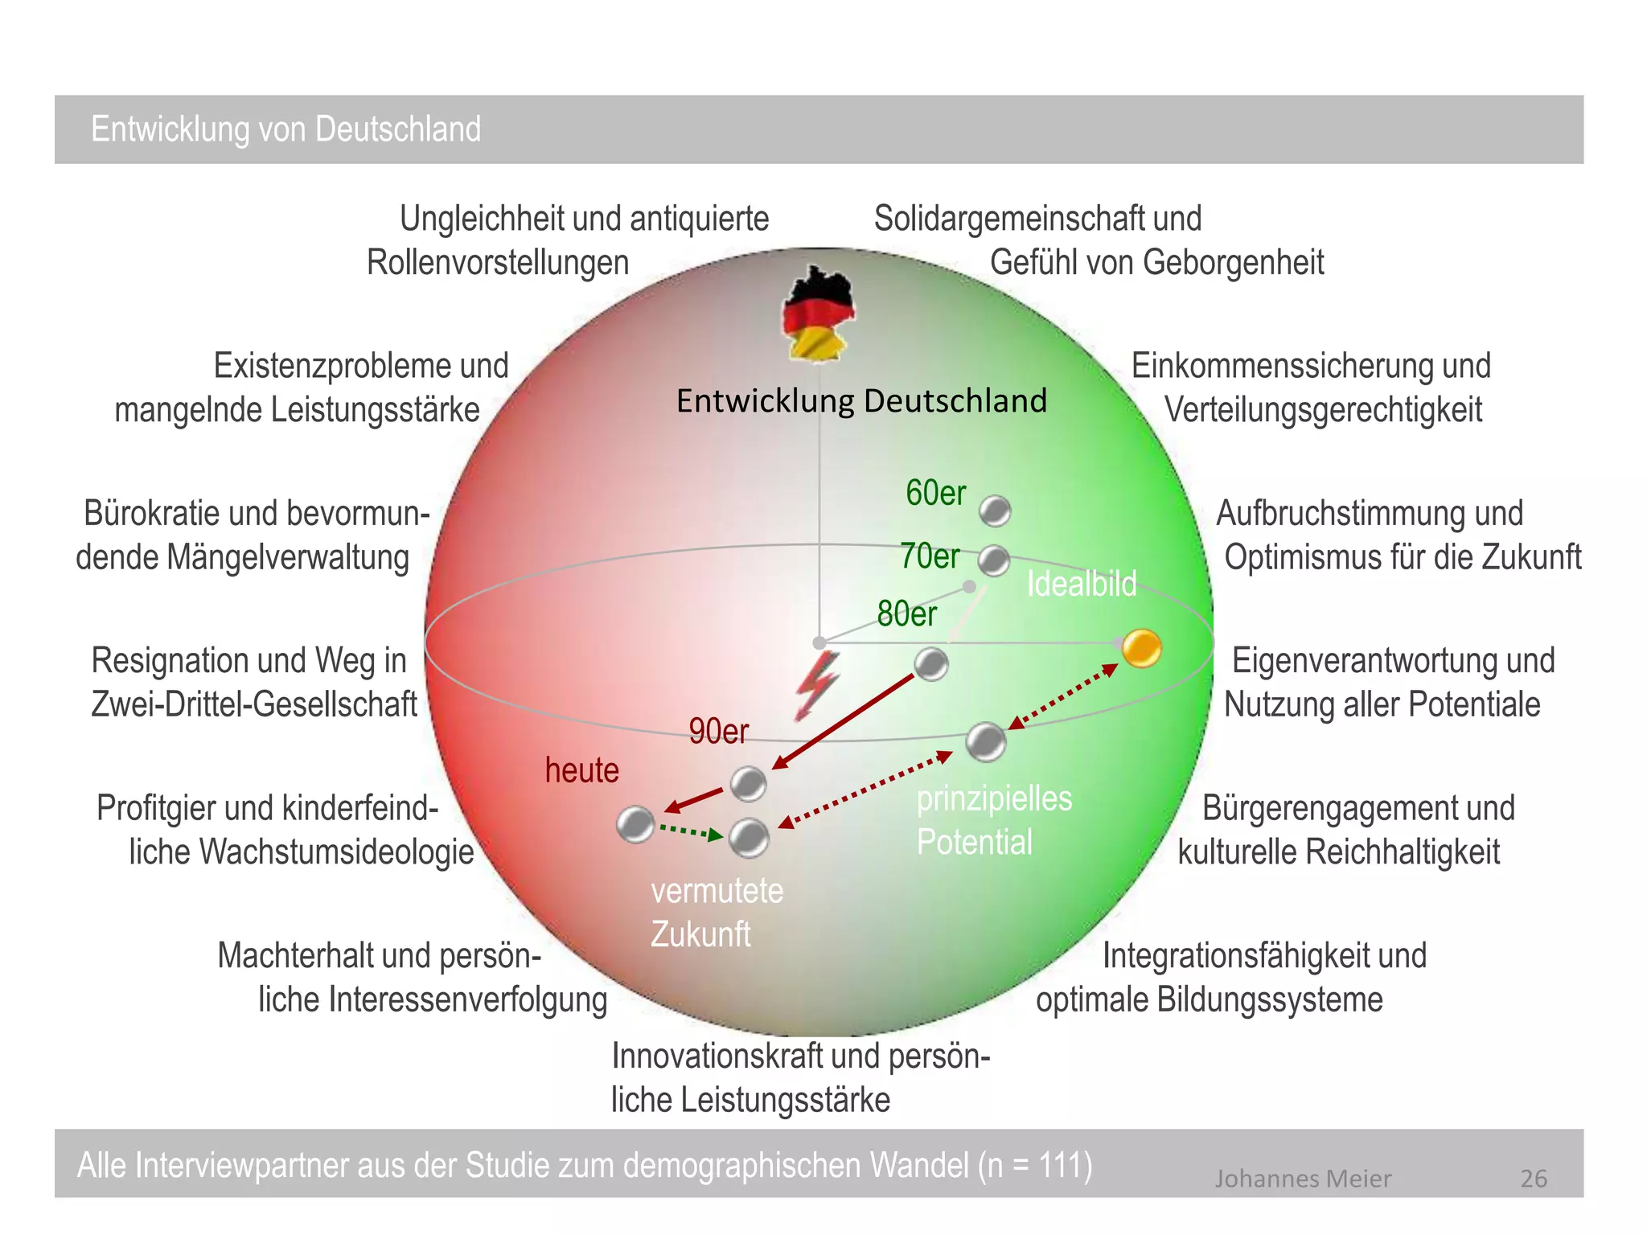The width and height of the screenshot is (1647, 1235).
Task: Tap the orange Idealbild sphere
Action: click(1141, 648)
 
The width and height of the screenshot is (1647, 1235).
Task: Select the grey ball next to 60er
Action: click(995, 511)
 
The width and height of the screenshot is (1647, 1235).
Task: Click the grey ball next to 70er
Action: click(994, 560)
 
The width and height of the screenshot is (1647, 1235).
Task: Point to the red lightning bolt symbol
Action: click(817, 685)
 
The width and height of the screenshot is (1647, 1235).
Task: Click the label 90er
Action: click(718, 732)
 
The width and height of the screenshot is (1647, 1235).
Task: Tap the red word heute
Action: click(582, 770)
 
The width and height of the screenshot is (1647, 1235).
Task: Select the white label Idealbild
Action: click(1082, 584)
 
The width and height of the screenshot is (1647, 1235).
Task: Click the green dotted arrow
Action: click(691, 831)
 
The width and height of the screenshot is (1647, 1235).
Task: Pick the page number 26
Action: click(1534, 1179)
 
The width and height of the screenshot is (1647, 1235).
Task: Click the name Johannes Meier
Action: click(1302, 1179)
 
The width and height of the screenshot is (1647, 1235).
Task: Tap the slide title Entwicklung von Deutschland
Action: click(286, 129)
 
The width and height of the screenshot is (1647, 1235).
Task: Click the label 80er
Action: click(906, 614)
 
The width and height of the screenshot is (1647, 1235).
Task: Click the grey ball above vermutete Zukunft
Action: click(749, 838)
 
